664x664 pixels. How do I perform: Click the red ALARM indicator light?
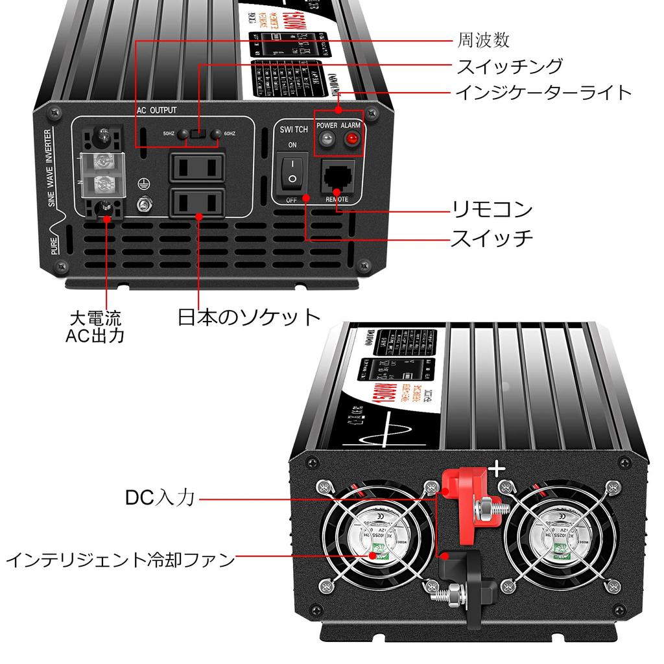tap(353, 138)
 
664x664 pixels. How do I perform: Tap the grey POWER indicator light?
tap(327, 138)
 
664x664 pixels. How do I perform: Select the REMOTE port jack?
tap(338, 176)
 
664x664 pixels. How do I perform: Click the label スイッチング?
tap(510, 66)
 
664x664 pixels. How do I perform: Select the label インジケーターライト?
tap(543, 93)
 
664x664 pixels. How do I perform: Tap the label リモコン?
tap(493, 209)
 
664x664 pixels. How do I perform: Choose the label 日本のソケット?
tap(250, 316)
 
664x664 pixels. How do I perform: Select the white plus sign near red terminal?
tap(496, 469)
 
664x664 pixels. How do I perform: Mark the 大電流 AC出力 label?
tap(95, 327)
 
